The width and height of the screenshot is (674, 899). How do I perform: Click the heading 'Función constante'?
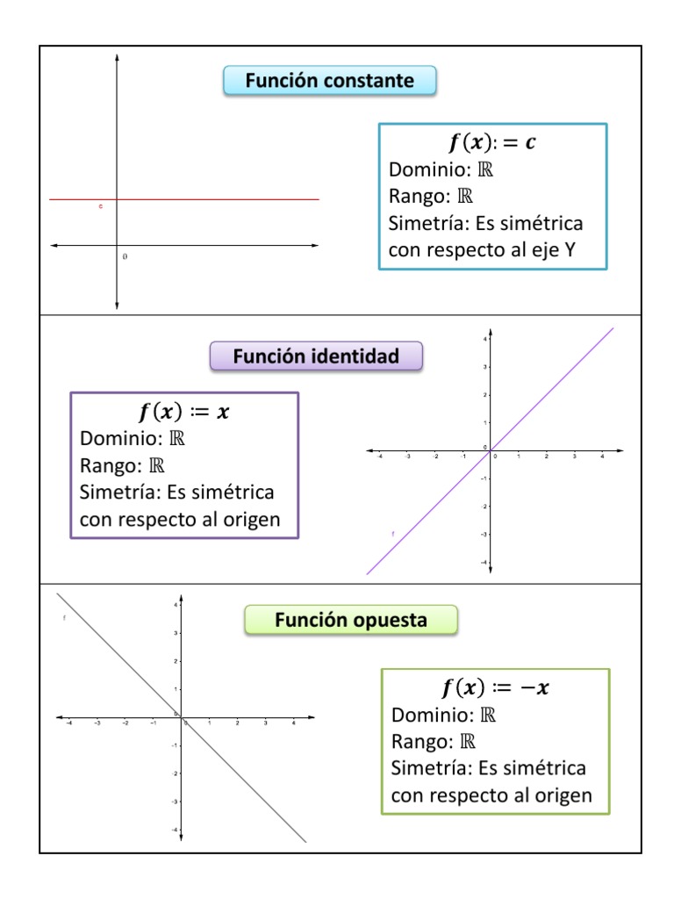pos(329,81)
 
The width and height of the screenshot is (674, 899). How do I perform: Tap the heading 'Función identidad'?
pos(316,356)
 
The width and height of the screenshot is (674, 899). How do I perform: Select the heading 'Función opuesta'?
pos(351,621)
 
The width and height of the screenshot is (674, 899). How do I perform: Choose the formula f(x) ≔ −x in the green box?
pos(495,688)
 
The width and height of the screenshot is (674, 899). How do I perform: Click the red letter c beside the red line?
pos(101,206)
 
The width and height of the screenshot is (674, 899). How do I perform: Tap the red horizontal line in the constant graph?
pos(219,199)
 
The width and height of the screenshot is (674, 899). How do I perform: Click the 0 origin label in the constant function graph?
pos(125,257)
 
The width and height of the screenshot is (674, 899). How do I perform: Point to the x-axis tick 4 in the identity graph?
pos(601,457)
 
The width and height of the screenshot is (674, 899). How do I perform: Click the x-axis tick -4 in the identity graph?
pos(379,457)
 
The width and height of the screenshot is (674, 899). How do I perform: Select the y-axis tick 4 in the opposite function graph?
pos(176,605)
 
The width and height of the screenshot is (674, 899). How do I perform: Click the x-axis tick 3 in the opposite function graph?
pos(265,723)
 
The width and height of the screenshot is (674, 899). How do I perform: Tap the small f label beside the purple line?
pos(392,533)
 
